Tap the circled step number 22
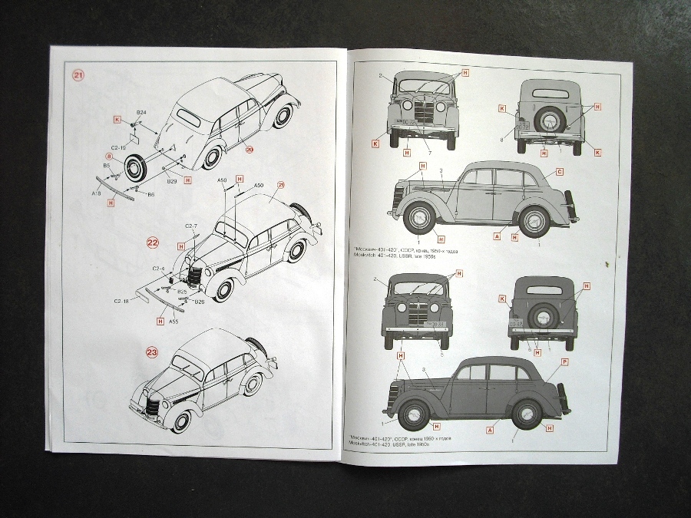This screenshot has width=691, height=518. point(153,243)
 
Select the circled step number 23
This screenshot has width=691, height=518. point(152,353)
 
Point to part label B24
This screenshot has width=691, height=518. point(142,113)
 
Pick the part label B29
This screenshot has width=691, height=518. point(172,181)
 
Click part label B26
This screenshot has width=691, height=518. point(199,301)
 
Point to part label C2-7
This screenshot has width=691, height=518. point(191,226)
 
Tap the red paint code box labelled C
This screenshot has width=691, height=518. point(560,172)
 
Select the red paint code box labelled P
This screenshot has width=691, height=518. point(564,361)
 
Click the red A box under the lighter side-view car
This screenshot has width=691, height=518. point(497,237)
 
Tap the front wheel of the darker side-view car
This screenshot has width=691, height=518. point(413,415)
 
